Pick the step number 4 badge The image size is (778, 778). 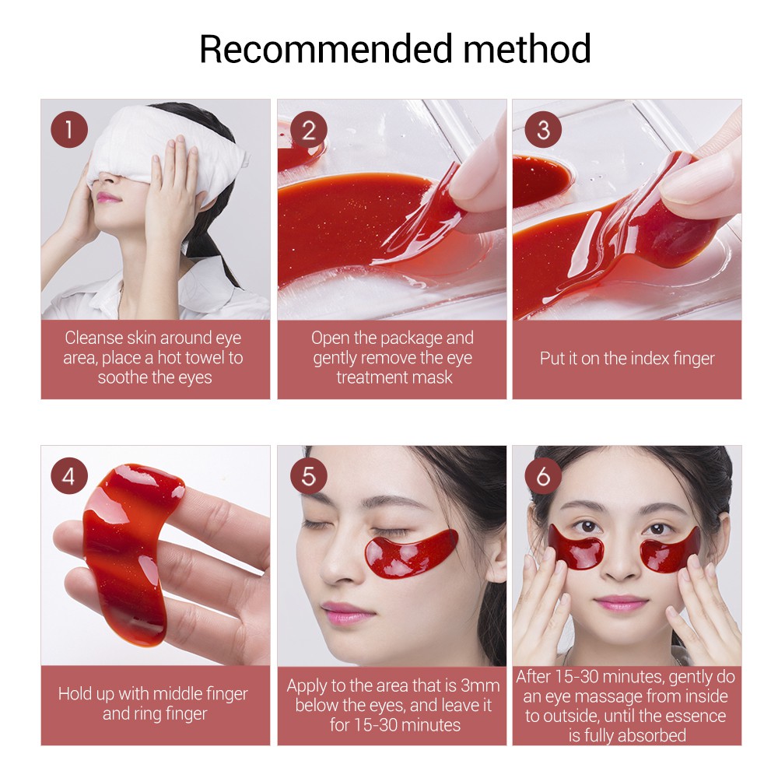coord(69,476)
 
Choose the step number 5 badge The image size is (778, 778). coord(309,476)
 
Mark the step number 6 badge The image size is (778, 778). coord(543,476)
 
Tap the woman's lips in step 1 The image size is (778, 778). coord(109,198)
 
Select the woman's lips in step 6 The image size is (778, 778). coord(621,604)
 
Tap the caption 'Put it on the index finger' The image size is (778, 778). coord(626,359)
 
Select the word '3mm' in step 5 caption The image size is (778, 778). coord(481,686)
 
